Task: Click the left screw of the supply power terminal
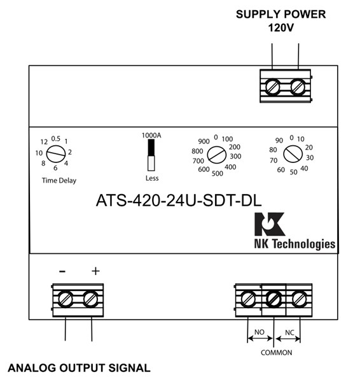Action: (272, 86)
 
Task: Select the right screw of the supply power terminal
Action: (296, 86)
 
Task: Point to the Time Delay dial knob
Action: (56, 153)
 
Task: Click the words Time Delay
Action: (59, 180)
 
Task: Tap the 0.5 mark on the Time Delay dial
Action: (56, 139)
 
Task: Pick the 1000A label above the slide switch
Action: (152, 136)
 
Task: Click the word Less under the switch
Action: (151, 178)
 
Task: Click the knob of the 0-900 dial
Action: (217, 154)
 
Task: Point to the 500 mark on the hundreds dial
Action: (216, 173)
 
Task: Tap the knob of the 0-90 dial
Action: (293, 153)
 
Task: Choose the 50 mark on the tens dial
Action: (293, 172)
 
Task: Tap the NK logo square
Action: (267, 224)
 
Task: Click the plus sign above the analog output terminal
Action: (95, 271)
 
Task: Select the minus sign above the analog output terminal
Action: (62, 271)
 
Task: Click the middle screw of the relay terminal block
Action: (273, 297)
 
